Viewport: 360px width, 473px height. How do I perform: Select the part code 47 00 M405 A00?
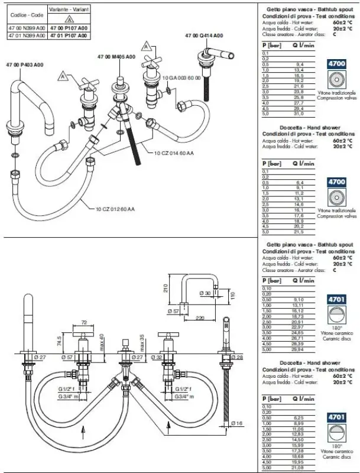(116, 56)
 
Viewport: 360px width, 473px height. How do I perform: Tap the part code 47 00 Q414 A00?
(205, 35)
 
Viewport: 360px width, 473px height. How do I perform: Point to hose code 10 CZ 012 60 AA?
(115, 208)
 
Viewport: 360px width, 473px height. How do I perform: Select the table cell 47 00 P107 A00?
(71, 28)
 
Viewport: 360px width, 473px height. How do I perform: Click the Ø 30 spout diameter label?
(204, 293)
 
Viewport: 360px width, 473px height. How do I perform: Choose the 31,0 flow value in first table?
(299, 114)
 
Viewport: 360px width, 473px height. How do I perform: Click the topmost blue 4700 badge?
(337, 63)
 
